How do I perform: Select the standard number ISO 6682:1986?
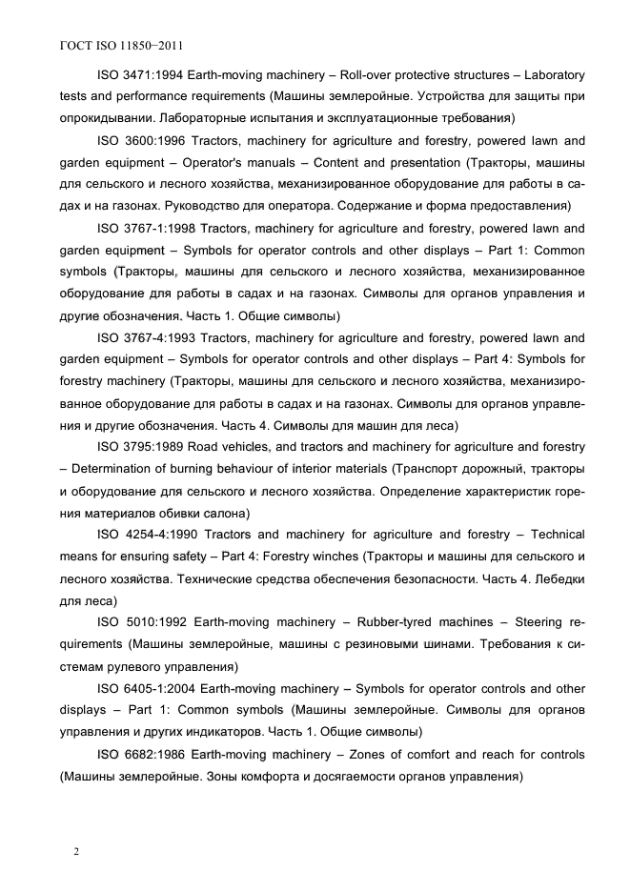140,754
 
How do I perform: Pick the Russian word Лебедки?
554,578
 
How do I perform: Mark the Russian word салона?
303,513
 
